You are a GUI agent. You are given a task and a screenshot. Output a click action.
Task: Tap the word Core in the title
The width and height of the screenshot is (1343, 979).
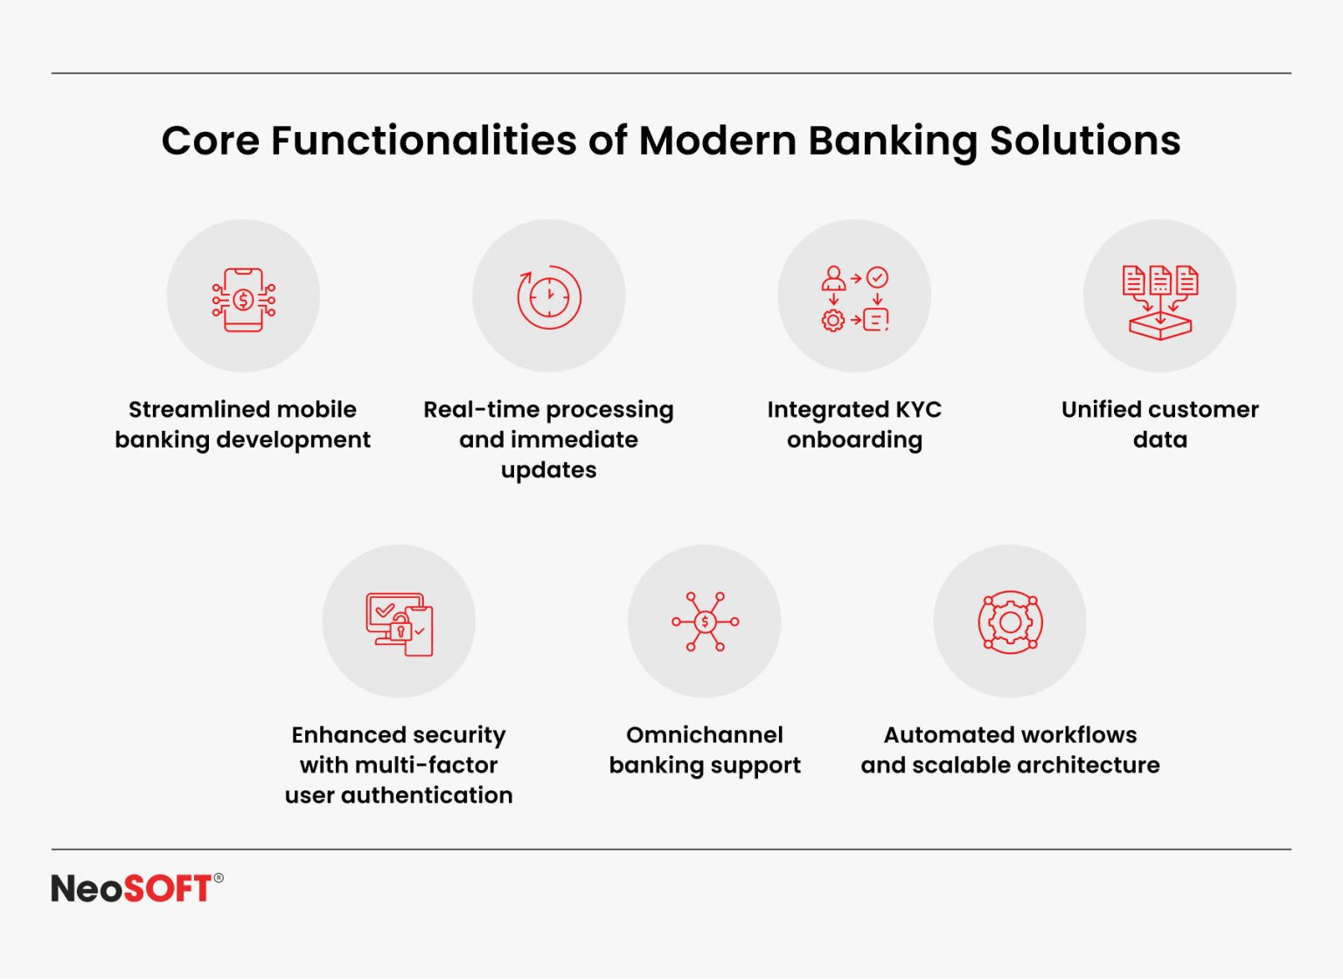click(210, 141)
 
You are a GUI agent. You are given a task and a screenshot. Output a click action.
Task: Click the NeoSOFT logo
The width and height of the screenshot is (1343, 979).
click(131, 888)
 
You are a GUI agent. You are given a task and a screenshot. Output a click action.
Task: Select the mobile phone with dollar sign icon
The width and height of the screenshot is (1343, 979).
click(243, 300)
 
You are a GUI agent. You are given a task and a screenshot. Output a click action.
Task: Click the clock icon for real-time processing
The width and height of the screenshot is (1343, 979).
click(549, 297)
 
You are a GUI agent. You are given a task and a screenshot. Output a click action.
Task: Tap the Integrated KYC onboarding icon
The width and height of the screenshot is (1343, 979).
click(854, 298)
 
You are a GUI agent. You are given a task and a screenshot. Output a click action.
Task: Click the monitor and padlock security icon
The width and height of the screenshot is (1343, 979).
click(399, 624)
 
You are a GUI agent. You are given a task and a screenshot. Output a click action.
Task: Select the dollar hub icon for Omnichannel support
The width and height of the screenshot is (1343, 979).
click(705, 621)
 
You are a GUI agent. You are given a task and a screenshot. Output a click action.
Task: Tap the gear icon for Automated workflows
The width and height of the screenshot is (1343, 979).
click(1010, 621)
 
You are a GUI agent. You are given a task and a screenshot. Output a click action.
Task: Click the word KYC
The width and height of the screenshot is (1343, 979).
click(917, 410)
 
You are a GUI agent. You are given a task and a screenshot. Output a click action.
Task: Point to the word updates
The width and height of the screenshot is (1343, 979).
click(548, 470)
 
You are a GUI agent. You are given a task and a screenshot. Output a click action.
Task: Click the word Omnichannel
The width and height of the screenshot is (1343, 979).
click(705, 735)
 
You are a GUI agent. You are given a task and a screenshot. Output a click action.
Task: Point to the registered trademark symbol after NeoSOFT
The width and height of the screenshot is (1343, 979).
click(219, 878)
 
